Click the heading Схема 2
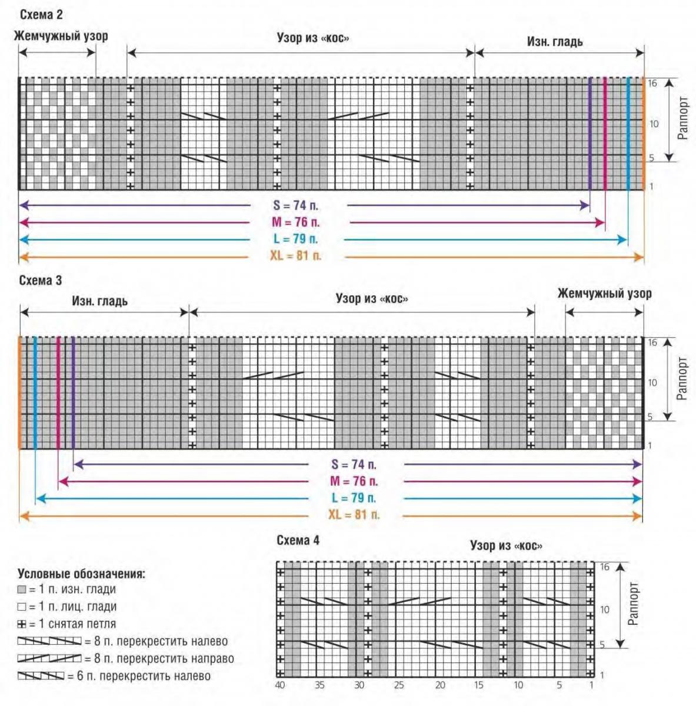pyautogui.click(x=41, y=14)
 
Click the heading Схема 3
pyautogui.click(x=41, y=280)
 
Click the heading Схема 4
pyautogui.click(x=298, y=540)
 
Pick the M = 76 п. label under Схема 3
pyautogui.click(x=354, y=481)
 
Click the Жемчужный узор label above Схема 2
pyautogui.click(x=61, y=36)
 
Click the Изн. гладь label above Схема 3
pyautogui.click(x=99, y=301)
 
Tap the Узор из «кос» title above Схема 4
pyautogui.click(x=506, y=545)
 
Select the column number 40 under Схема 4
pyautogui.click(x=280, y=685)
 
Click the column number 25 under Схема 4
pyautogui.click(x=399, y=685)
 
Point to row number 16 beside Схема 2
pyautogui.click(x=652, y=84)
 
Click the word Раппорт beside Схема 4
pyautogui.click(x=633, y=604)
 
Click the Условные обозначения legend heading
pyautogui.click(x=81, y=574)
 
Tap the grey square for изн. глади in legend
pyautogui.click(x=22, y=590)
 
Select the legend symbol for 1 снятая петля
pyautogui.click(x=22, y=624)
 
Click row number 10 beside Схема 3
pyautogui.click(x=652, y=382)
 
